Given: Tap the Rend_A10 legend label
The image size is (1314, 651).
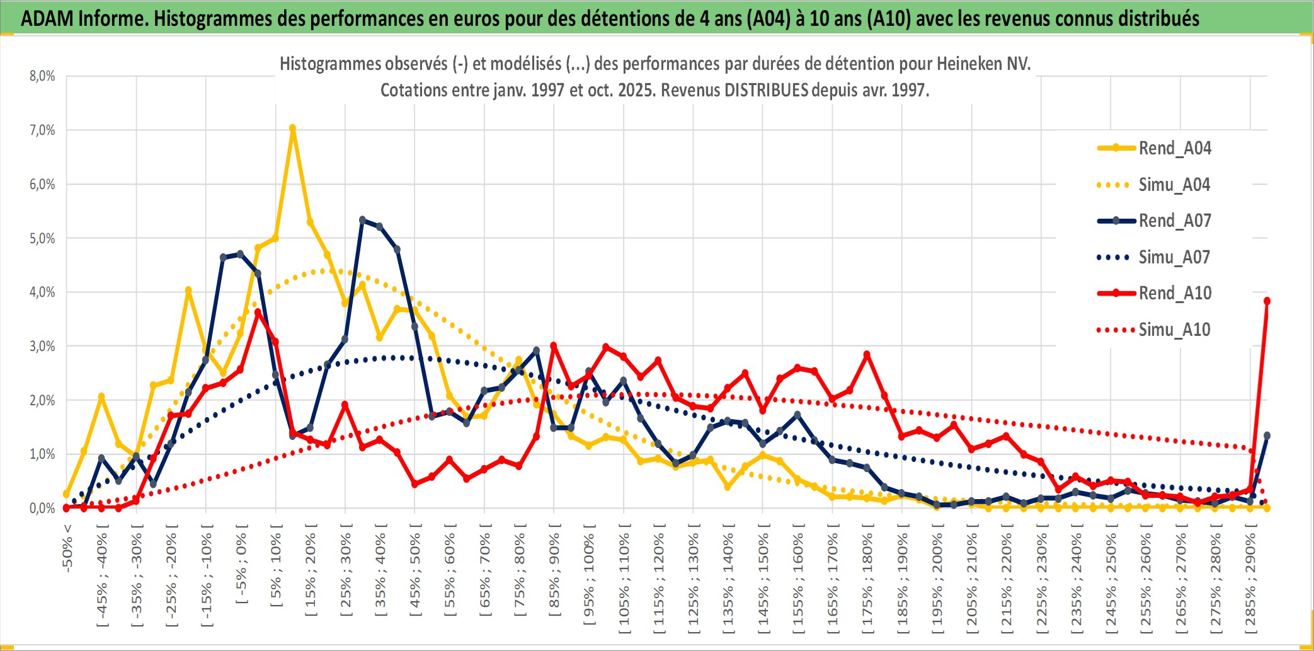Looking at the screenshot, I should coord(1175,293).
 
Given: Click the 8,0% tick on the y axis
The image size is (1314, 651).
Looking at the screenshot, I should coord(42,76).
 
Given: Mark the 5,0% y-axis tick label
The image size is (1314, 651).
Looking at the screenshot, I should coord(42,238).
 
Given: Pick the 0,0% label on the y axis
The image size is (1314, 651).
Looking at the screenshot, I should coord(42,508).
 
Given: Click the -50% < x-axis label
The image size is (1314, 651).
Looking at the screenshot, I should coord(67,548).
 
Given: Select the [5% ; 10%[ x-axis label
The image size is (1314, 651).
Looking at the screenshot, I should coord(276,570).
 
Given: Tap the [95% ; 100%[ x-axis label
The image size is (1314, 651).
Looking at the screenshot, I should coord(589,579).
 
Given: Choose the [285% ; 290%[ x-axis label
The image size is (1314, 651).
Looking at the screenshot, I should coord(1250,582).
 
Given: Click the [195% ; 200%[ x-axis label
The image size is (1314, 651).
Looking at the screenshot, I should coord(937,582).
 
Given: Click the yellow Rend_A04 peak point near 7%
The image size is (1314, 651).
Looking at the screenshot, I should coord(292,129).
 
